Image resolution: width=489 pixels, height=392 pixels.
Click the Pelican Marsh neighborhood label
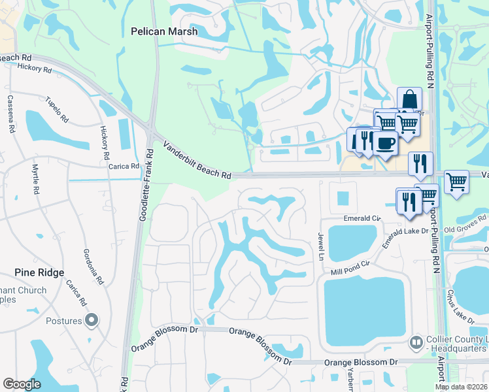pos(164,31)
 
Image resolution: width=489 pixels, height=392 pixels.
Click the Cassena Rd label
pos(11,114)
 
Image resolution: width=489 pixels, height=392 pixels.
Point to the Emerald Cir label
pos(362,218)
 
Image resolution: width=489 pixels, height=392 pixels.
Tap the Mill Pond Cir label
pos(351,266)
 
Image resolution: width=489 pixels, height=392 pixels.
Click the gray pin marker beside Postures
pos(92,321)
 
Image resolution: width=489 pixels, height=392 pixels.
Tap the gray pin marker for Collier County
pos(416,342)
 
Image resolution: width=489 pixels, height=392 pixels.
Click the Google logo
pos(22,384)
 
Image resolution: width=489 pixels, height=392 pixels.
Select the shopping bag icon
pos(409,100)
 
